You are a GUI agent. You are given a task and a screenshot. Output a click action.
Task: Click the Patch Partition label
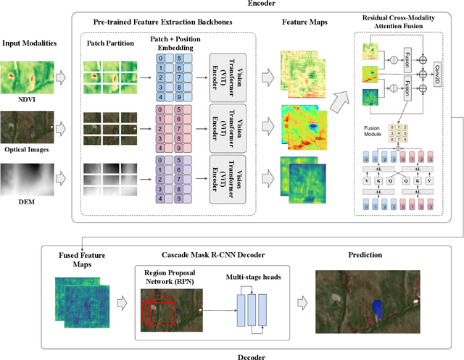click(111, 43)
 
